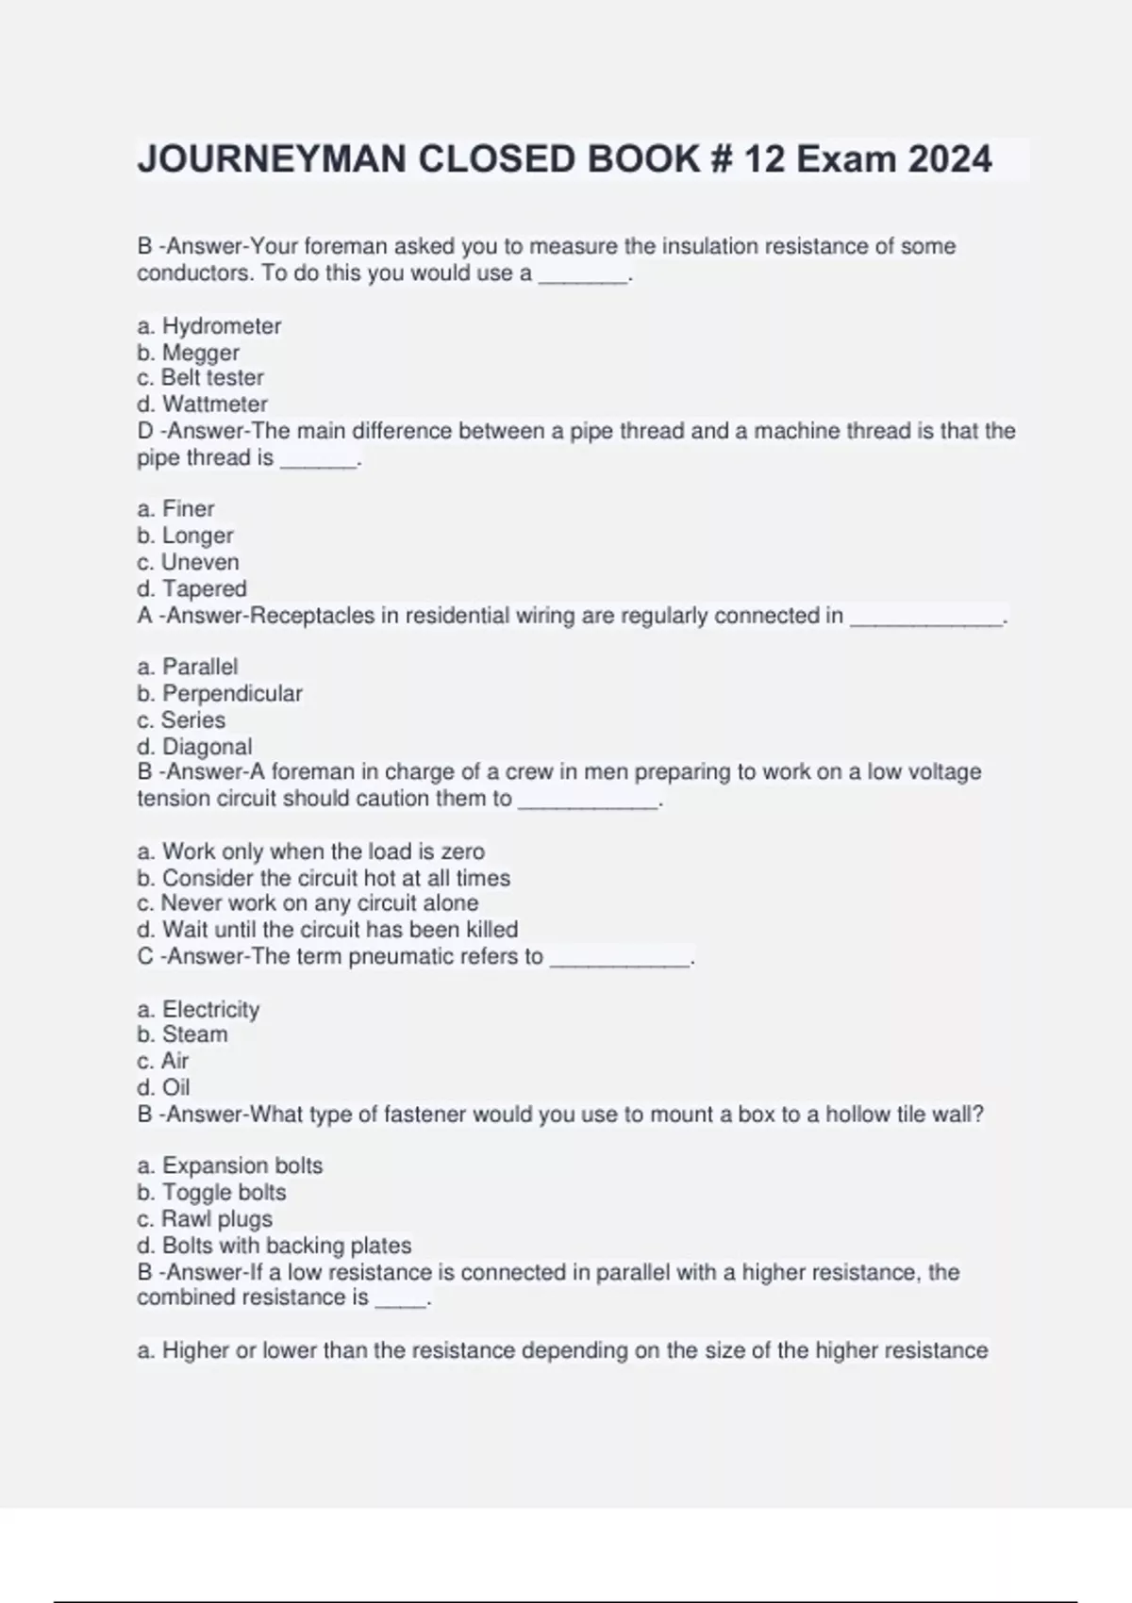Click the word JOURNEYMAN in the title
point(273,159)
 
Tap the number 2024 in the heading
point(949,159)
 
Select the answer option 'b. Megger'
point(188,353)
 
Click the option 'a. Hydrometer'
point(208,326)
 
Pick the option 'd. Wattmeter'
point(202,405)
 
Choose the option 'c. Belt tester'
point(200,378)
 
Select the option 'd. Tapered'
point(191,589)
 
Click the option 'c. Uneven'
point(188,563)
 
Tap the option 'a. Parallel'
point(187,668)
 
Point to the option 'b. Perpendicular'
point(219,694)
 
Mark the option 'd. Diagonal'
point(194,747)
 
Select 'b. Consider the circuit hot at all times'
point(324,878)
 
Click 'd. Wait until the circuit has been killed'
point(327,930)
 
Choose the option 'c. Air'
point(162,1061)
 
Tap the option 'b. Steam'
point(182,1034)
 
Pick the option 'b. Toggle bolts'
point(211,1192)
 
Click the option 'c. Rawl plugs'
point(205,1219)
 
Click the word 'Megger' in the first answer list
point(201,353)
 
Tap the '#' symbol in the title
point(719,159)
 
